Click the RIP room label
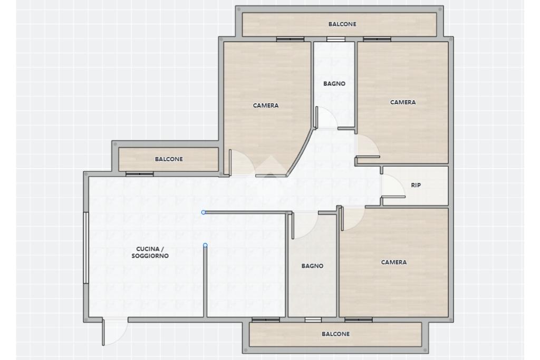(416, 185)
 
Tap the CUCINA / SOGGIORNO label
(150, 252)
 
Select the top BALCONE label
(342, 24)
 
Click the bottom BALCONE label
(335, 334)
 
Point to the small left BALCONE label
(169, 159)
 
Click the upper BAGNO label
(334, 84)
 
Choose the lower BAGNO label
(312, 266)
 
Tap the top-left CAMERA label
(266, 105)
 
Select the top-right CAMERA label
(402, 102)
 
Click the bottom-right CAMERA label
(393, 262)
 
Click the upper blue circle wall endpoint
(204, 212)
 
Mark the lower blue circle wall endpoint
(205, 246)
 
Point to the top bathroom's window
(336, 39)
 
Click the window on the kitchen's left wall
(86, 248)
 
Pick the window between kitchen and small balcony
(139, 174)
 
